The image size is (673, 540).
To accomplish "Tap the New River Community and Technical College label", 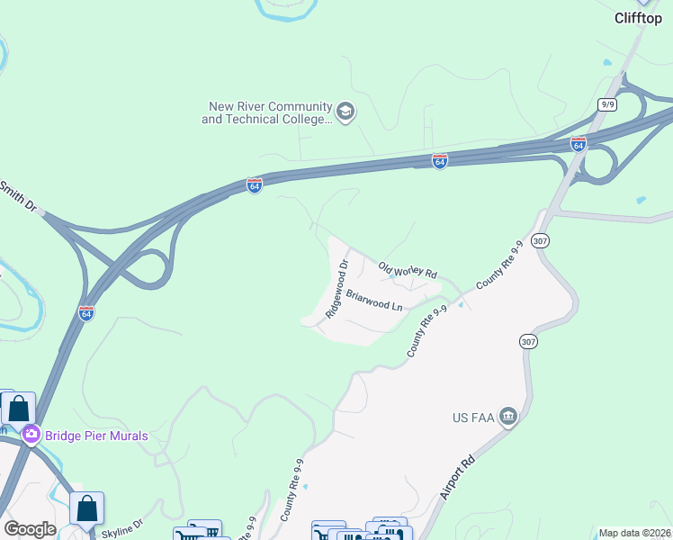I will (x=265, y=112).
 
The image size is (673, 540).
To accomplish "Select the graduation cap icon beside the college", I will (x=345, y=112).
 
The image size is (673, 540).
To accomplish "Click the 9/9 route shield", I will (x=606, y=104).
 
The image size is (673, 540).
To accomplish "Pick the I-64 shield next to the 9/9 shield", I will (x=579, y=144).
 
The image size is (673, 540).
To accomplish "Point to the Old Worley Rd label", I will (x=408, y=269).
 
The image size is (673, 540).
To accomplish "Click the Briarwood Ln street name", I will (x=374, y=300).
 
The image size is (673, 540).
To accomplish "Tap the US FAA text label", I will (x=472, y=418).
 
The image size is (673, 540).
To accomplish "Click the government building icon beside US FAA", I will (x=508, y=416).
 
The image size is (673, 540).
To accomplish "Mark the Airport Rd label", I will (x=457, y=477).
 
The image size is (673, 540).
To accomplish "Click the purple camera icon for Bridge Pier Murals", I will (x=31, y=436).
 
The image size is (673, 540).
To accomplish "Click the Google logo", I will (x=30, y=528).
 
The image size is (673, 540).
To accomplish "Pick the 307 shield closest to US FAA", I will (x=527, y=341).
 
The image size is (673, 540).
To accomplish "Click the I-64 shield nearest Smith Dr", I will (x=255, y=185).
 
